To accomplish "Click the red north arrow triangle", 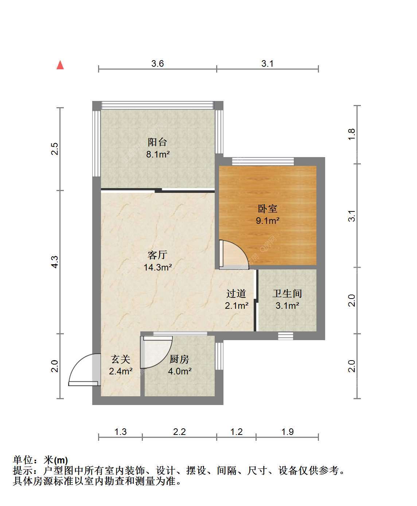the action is click(x=60, y=65).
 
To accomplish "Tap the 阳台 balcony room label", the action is click(x=157, y=142).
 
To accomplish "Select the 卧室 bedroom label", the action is click(x=268, y=209).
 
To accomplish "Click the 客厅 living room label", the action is click(x=157, y=255).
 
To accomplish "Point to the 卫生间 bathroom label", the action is click(x=287, y=293).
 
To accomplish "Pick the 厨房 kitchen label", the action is click(x=179, y=359).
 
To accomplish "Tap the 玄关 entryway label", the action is click(x=121, y=359).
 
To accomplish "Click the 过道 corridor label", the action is click(x=236, y=293).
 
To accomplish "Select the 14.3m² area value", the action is click(x=158, y=267).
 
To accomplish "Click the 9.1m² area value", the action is click(x=268, y=221).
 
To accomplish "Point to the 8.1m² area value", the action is click(x=158, y=154).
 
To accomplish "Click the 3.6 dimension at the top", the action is click(x=157, y=63).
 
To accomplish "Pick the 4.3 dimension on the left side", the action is click(x=55, y=262).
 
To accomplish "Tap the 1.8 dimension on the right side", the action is click(x=352, y=134).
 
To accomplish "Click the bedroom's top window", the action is click(x=263, y=161).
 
